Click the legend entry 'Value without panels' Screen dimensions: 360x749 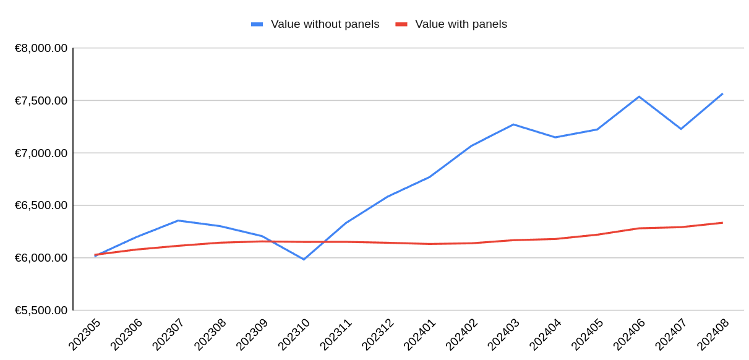[325, 24]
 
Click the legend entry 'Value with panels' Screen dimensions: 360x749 [461, 24]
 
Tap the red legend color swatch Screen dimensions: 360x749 [401, 24]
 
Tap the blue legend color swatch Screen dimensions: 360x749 [257, 24]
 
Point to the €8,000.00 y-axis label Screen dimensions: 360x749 [41, 48]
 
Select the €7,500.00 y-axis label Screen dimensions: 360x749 [41, 100]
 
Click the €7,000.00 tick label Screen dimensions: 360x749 [41, 153]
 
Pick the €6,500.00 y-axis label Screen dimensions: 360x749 [41, 205]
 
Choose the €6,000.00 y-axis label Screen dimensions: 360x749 [41, 257]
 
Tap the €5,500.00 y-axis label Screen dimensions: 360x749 [41, 310]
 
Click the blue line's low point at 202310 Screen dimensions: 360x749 [304, 259]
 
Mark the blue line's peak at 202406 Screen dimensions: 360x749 [639, 96]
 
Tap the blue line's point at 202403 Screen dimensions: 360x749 [513, 124]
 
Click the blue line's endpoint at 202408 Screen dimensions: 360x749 [722, 94]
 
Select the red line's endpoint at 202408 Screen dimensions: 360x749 [722, 223]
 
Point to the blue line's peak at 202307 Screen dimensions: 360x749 [178, 220]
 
